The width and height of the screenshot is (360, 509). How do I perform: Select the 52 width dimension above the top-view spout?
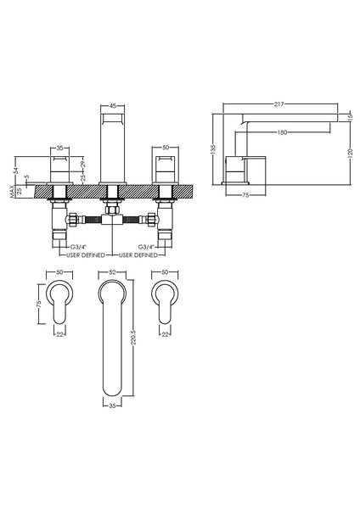point(114,271)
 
